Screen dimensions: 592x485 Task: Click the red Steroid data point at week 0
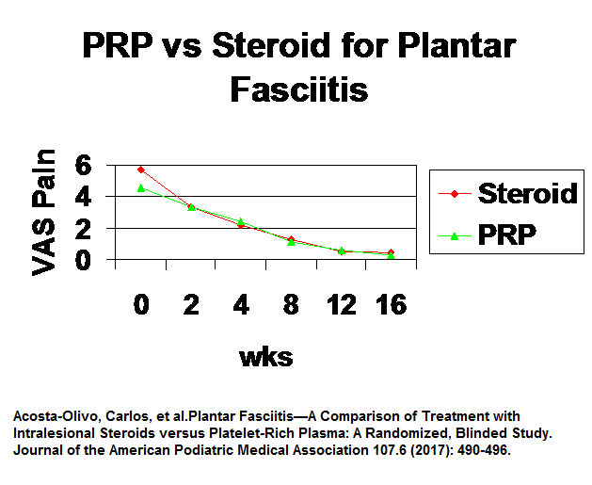(x=141, y=170)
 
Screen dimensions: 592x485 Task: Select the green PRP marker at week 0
(x=141, y=188)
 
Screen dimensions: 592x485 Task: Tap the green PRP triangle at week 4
(x=241, y=221)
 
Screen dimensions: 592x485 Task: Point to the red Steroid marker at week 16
(x=392, y=252)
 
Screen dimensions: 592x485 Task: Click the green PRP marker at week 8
(x=291, y=242)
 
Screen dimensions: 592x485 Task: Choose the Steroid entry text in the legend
(x=528, y=193)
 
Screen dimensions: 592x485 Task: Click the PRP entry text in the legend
(x=507, y=234)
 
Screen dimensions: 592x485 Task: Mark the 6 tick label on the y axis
(x=83, y=165)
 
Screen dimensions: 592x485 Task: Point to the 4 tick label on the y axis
(x=83, y=197)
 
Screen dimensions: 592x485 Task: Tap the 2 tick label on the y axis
(x=83, y=228)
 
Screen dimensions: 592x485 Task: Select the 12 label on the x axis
(x=342, y=305)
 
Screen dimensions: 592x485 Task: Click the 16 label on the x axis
(x=392, y=305)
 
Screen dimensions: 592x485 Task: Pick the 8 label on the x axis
(x=291, y=305)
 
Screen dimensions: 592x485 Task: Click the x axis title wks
(x=266, y=357)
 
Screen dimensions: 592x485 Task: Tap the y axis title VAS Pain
(x=43, y=212)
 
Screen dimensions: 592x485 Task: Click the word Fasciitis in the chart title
(x=299, y=89)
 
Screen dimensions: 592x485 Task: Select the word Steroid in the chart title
(x=271, y=45)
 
